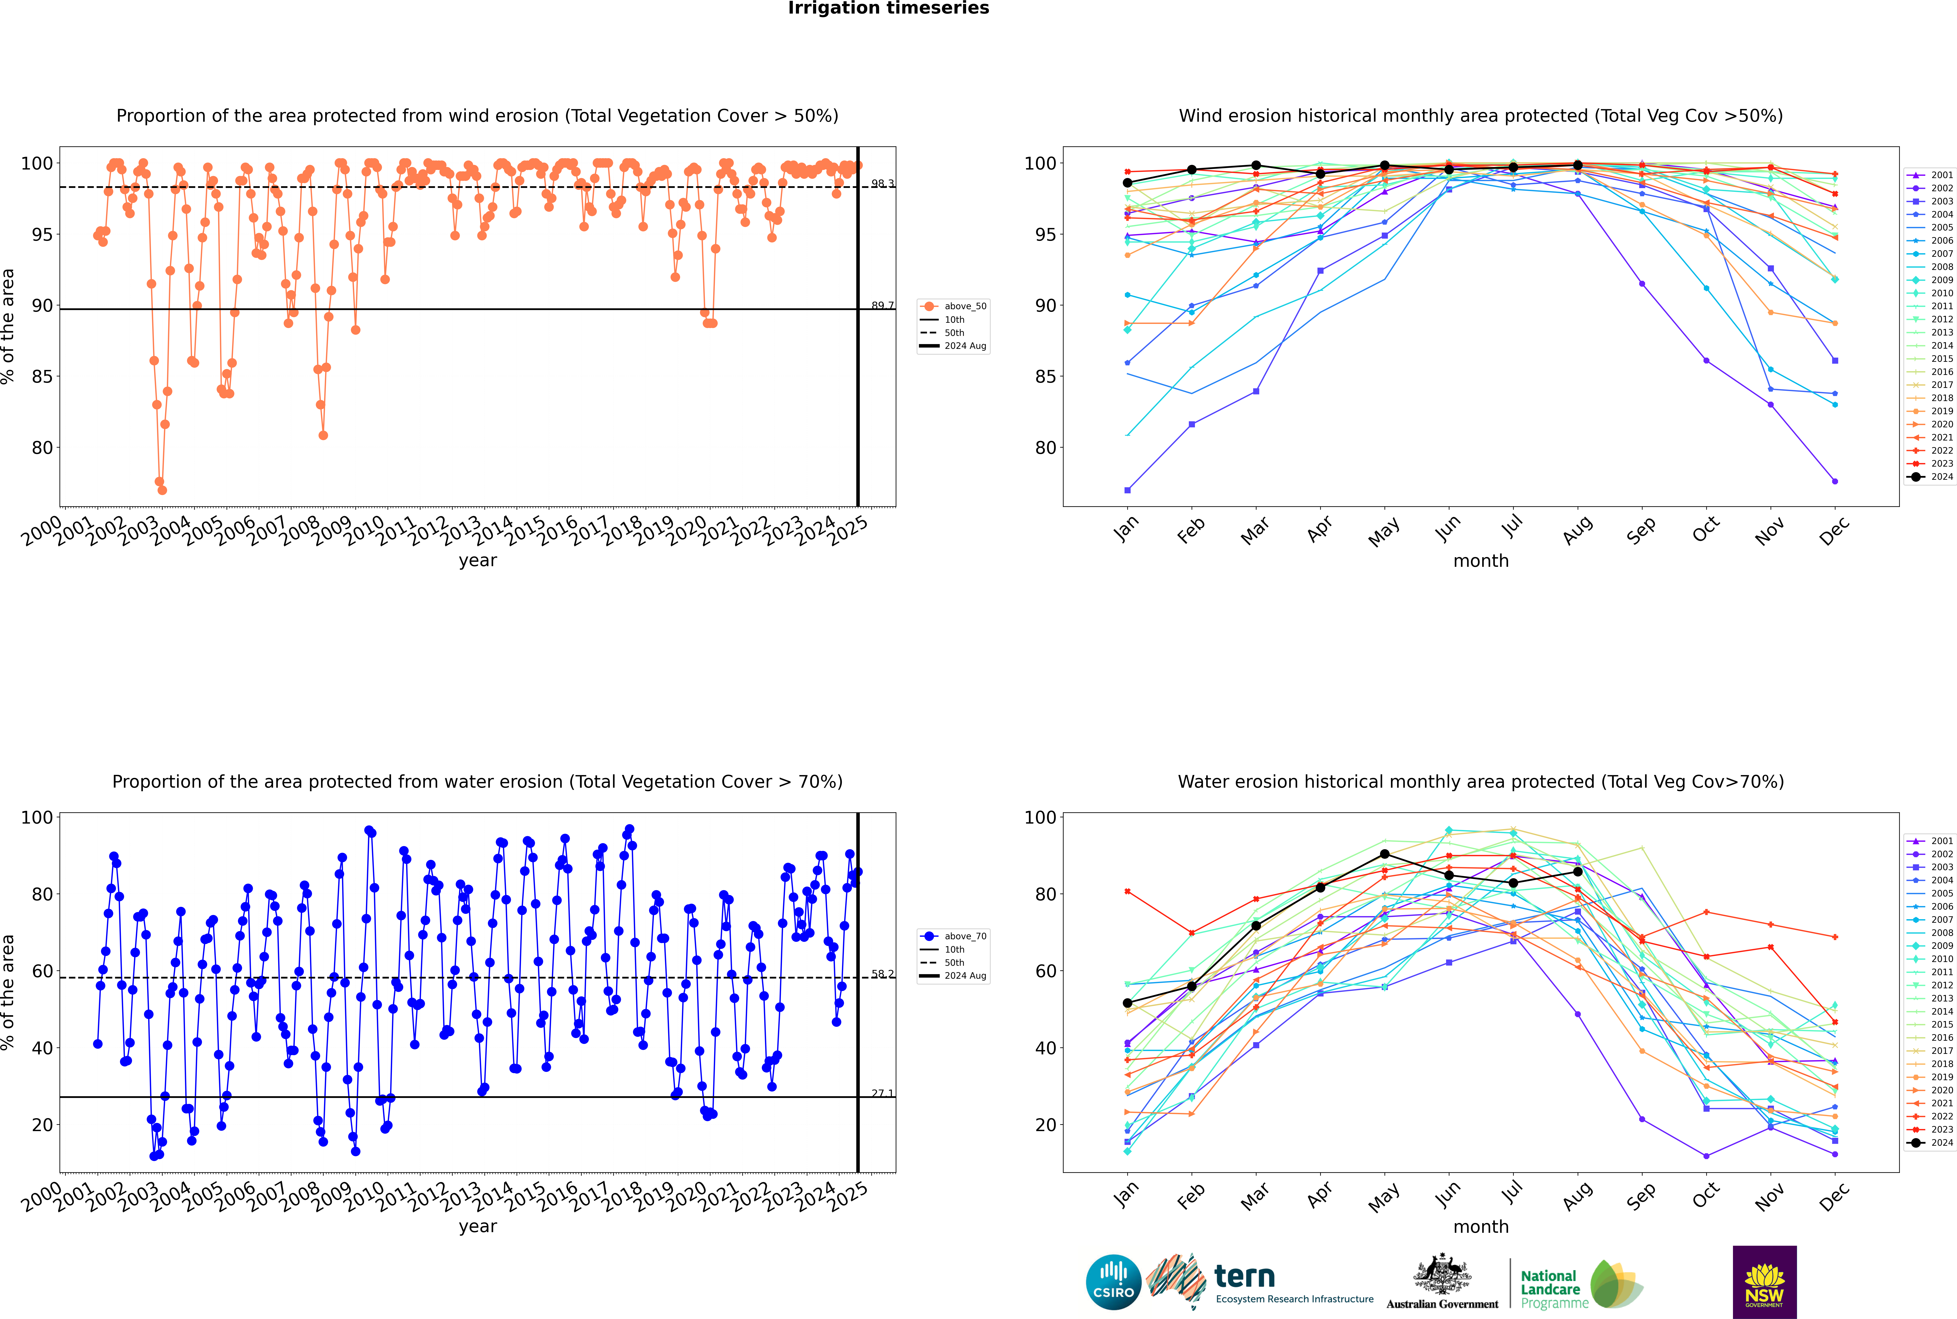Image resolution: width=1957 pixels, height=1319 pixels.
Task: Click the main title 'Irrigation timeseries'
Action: tap(888, 8)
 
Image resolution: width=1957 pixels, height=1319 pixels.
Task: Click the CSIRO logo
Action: tap(1113, 1282)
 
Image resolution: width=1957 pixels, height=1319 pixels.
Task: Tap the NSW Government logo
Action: tap(1764, 1282)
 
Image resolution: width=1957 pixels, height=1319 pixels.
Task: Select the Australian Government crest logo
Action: tap(1442, 1282)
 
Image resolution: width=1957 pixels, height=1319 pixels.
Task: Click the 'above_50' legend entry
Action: tap(953, 306)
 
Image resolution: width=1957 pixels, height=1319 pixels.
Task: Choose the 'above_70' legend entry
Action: tap(953, 936)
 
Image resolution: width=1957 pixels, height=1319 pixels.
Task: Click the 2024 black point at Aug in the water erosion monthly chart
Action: tap(1578, 871)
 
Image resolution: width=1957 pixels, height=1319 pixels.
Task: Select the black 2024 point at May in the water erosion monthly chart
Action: tap(1385, 854)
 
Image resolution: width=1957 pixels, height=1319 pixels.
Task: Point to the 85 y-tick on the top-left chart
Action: tap(42, 377)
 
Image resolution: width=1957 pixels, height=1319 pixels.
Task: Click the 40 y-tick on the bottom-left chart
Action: tap(42, 1048)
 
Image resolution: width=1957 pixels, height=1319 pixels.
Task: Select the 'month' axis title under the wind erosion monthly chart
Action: tap(1481, 561)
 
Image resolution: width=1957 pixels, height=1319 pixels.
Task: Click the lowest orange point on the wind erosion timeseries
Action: tap(162, 490)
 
